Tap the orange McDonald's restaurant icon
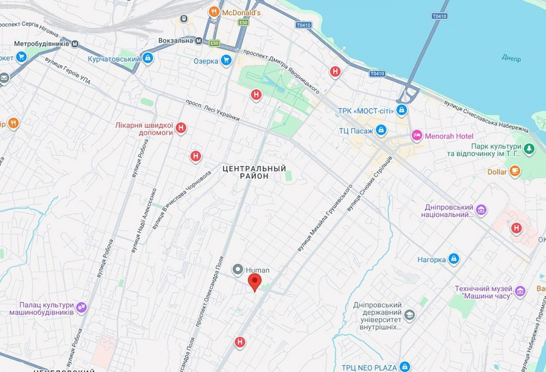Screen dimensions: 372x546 click(215, 11)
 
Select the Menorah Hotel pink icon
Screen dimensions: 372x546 click(417, 135)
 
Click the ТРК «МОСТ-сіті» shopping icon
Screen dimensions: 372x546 click(402, 110)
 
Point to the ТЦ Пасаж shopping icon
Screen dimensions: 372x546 click(381, 130)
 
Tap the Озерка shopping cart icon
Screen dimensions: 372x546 click(226, 61)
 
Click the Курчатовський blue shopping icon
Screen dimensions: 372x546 click(147, 58)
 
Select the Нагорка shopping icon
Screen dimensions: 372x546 click(454, 259)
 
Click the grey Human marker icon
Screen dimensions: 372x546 click(238, 269)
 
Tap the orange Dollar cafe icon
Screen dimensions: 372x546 click(514, 171)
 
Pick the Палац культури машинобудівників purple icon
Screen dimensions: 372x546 click(81, 308)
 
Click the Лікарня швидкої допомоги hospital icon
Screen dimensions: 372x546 click(181, 128)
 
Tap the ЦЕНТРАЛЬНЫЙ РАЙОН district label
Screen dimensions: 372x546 click(254, 173)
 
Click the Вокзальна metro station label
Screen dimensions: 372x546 click(176, 40)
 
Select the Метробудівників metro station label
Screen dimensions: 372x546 click(41, 43)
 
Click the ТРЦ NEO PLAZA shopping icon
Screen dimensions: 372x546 click(405, 366)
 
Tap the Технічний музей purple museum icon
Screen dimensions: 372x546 click(520, 292)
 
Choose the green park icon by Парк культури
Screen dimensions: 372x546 click(529, 148)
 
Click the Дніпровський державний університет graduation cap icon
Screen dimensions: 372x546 click(410, 315)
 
